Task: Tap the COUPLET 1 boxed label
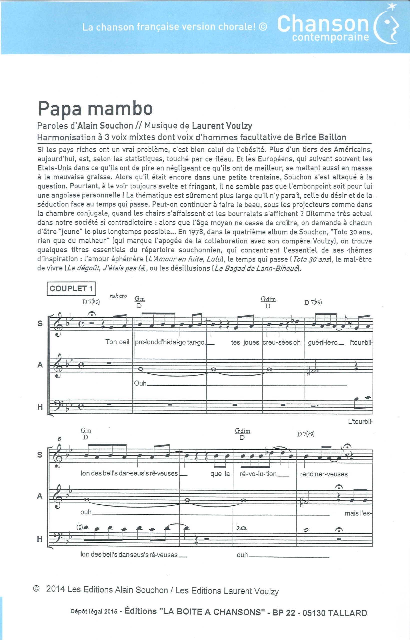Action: [71, 288]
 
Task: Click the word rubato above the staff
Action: [118, 296]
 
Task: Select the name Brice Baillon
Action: [321, 137]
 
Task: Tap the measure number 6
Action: [59, 439]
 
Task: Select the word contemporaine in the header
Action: [330, 37]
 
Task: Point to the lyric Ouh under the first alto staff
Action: [141, 383]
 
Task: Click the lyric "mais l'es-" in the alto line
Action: [358, 513]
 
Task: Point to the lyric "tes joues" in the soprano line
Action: [245, 342]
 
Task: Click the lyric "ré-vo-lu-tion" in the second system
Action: [258, 474]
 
